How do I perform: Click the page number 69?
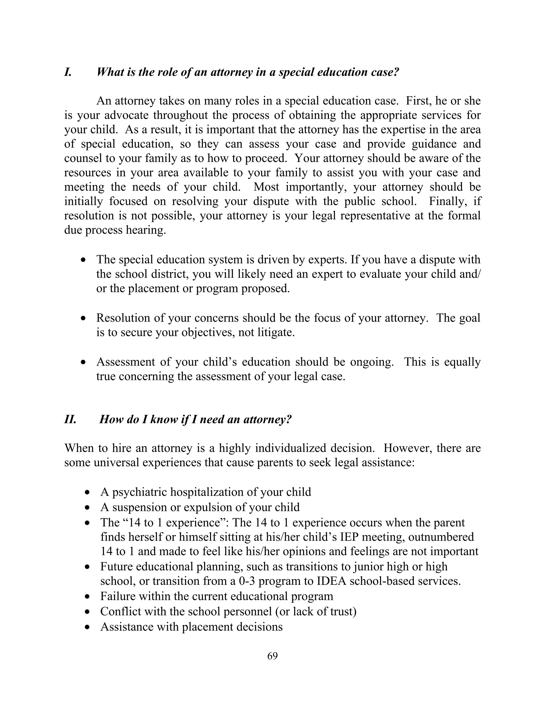tap(272, 656)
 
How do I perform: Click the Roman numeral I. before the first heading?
tap(68, 72)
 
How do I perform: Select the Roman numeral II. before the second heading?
tap(70, 419)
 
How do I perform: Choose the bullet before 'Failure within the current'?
tap(87, 597)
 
